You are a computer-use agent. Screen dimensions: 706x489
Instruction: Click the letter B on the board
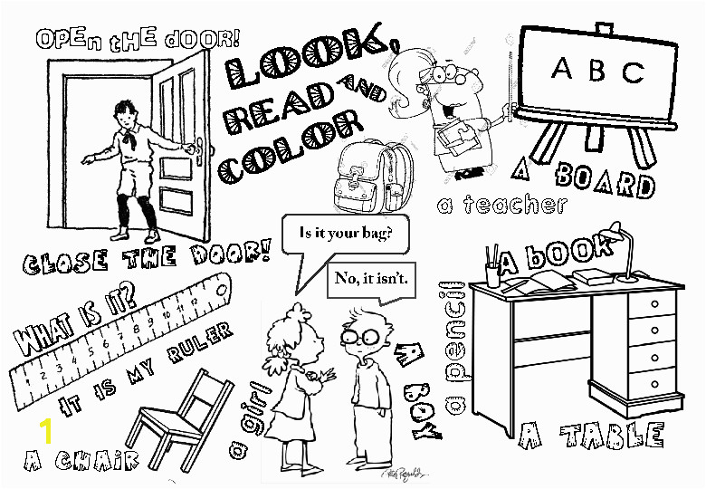pos(596,70)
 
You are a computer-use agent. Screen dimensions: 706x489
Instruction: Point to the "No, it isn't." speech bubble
pos(371,280)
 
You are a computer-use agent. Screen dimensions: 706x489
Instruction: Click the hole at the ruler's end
pos(221,291)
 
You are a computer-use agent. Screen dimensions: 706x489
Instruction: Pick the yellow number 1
pos(46,431)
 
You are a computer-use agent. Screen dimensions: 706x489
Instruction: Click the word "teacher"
pos(515,205)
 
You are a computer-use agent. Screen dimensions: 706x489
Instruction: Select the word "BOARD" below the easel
pos(605,181)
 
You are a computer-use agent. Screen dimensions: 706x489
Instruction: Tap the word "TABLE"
pos(613,436)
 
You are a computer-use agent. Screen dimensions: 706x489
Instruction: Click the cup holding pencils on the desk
pos(492,274)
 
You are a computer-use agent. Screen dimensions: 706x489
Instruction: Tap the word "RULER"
pos(199,341)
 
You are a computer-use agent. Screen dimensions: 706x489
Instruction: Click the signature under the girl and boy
pos(404,474)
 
